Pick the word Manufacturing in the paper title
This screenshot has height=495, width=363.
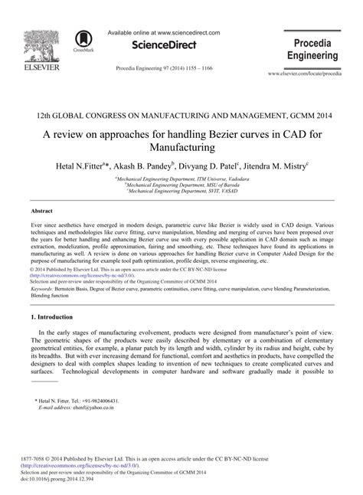pos(181,143)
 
